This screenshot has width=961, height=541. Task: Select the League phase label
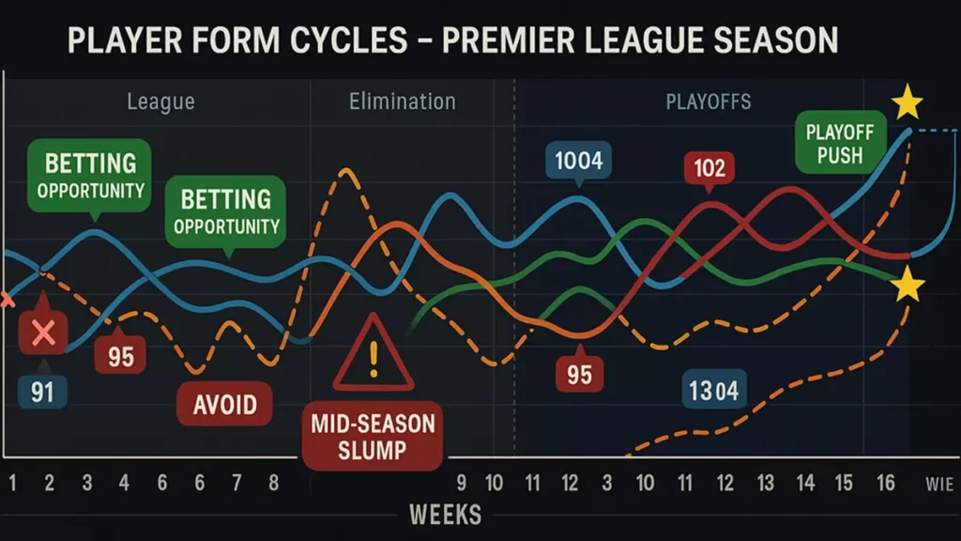point(160,101)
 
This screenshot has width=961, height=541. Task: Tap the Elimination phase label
point(402,101)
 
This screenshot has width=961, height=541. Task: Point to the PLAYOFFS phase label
point(709,101)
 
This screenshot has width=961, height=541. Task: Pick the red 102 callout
point(709,168)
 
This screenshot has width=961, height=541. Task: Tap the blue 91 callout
point(42,391)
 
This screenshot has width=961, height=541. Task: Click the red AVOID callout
point(224,405)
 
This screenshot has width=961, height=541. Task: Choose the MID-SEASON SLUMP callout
point(373,436)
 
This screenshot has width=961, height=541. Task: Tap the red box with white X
point(42,332)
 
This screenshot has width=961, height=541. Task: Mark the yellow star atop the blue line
point(907,102)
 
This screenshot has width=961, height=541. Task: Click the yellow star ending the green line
point(908,285)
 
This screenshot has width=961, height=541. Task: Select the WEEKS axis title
point(445,514)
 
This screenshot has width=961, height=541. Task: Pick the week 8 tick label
point(274,484)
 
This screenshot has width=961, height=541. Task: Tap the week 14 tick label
point(804,484)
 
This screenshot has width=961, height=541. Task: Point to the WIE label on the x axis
point(938,485)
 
